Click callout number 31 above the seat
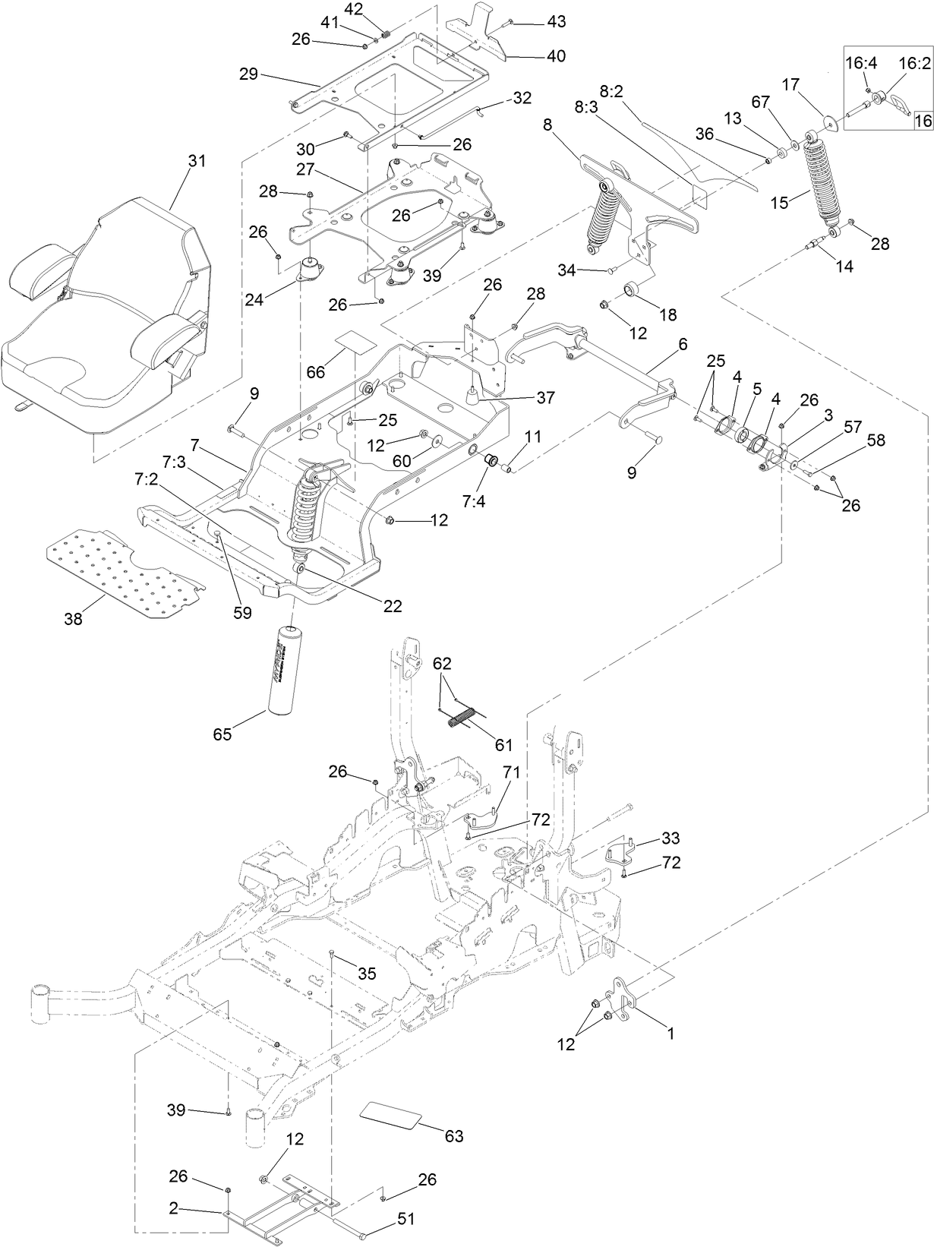[x=197, y=161]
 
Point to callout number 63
[x=454, y=1136]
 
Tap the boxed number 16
[x=922, y=120]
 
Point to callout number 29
[x=248, y=74]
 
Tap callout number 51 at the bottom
[x=406, y=1219]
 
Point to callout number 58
[x=876, y=440]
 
